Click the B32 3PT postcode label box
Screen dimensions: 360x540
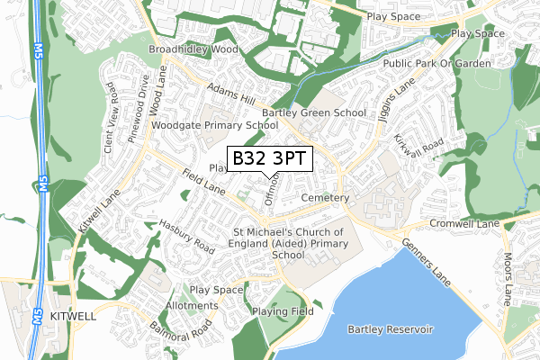click(270, 159)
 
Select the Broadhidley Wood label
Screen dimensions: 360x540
click(193, 49)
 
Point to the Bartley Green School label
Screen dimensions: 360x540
click(314, 113)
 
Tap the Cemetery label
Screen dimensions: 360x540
click(325, 197)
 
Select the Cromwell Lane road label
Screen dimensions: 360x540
click(464, 222)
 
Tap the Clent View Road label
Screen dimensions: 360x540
click(109, 116)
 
